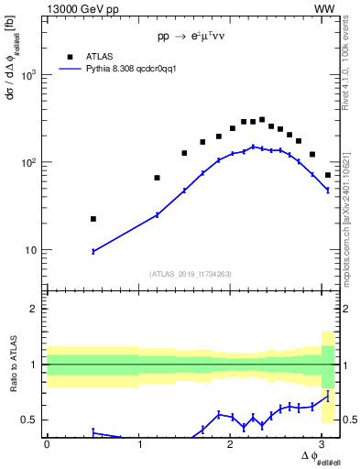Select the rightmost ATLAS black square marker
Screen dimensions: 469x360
(x=328, y=175)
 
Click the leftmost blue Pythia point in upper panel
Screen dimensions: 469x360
(x=93, y=251)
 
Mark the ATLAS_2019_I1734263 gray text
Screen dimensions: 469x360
(x=190, y=273)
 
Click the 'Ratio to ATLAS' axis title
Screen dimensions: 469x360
(x=12, y=365)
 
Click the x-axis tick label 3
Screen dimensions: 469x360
(x=324, y=444)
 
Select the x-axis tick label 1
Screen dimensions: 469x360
(x=139, y=444)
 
